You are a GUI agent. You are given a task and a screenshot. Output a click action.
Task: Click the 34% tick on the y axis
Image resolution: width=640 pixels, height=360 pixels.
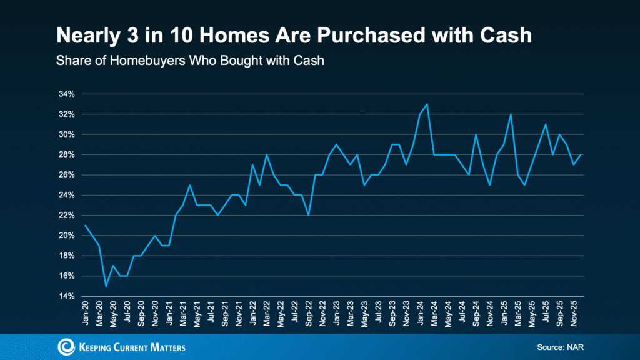tap(66, 94)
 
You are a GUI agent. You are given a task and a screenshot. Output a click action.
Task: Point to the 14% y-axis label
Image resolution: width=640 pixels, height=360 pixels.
tap(66, 296)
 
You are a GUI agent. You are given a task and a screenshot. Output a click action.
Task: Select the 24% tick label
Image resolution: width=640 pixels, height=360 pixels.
tap(66, 195)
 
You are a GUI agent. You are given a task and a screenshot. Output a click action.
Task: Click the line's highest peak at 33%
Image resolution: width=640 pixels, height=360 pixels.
tap(427, 104)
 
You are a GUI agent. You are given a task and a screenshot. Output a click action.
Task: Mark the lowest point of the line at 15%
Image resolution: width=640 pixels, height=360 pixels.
tap(106, 286)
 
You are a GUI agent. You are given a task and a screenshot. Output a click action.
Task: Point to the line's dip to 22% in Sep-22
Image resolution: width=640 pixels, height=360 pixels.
tap(308, 215)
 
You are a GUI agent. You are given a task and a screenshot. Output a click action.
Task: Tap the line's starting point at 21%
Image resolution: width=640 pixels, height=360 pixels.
tap(85, 225)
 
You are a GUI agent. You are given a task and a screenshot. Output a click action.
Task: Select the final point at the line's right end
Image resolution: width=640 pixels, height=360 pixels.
tap(581, 154)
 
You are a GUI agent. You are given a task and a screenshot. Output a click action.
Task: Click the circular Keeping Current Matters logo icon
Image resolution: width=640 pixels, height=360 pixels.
tap(66, 347)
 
